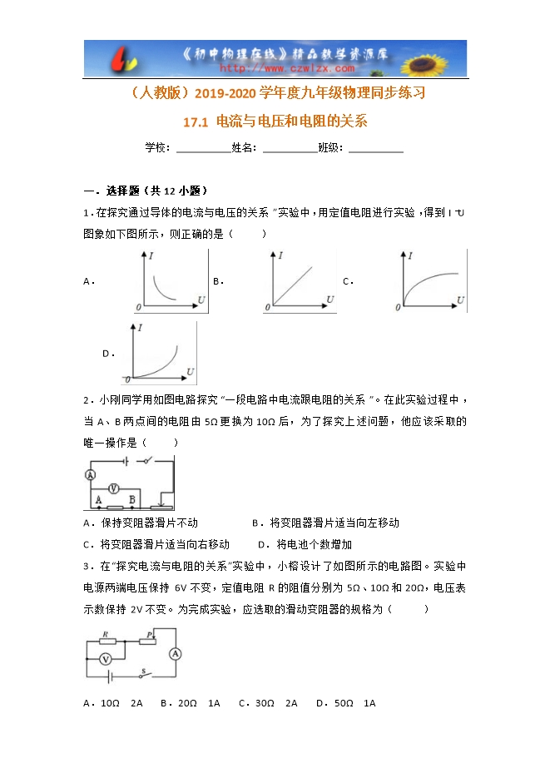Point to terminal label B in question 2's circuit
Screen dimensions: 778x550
132,498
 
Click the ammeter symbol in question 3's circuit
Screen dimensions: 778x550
176,654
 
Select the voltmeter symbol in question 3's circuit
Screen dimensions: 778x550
106,658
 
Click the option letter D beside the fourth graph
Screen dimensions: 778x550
107,354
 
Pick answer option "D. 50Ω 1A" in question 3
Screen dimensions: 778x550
346,703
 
